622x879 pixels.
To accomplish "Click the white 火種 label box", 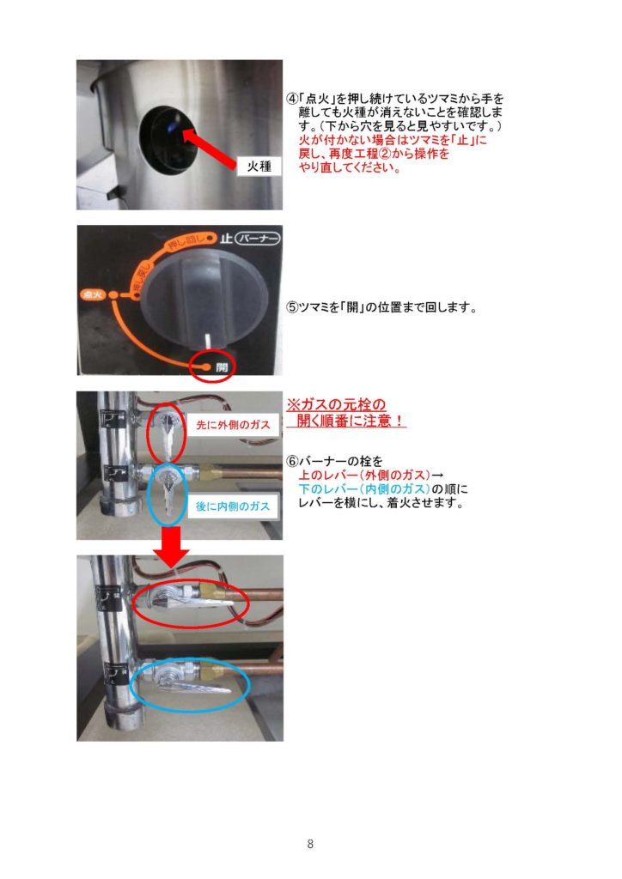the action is pos(259,166).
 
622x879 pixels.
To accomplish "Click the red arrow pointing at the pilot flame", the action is pos(210,149).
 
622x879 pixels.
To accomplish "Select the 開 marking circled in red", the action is pos(223,367).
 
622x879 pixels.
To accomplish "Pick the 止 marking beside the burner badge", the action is pos(226,239).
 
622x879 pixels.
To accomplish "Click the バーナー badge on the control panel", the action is pos(258,239).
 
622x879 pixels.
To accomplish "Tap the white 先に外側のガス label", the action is pos(234,425).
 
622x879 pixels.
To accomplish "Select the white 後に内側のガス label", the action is pos(233,506).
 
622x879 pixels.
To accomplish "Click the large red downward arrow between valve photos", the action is pos(172,547).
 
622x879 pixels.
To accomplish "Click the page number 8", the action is pos(310,844).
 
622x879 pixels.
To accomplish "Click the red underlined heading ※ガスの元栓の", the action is pos(336,404).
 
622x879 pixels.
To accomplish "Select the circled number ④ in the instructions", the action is pos(292,99).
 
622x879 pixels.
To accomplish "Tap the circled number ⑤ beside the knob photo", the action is pos(292,308).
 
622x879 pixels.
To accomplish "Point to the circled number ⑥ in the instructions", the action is pos(292,461).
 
